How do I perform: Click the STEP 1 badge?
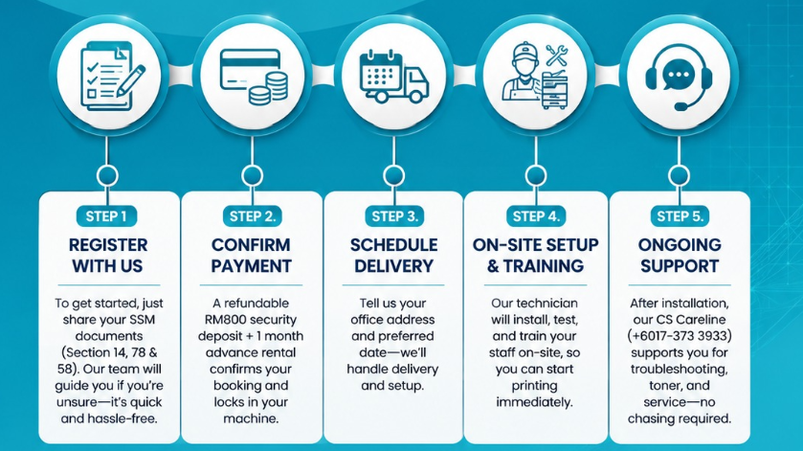[106, 216]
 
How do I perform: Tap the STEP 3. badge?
[394, 216]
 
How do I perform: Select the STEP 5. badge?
[680, 216]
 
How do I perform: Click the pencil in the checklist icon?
[130, 80]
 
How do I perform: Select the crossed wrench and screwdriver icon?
[556, 56]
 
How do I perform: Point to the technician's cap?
[524, 51]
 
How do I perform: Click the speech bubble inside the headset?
[679, 75]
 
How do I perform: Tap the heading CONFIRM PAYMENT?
[251, 256]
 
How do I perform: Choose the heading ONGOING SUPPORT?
[680, 256]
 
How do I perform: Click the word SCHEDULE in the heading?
[393, 245]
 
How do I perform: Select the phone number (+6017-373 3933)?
[680, 336]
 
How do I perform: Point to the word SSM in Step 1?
[143, 320]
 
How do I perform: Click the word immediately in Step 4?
[534, 402]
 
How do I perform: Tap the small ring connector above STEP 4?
[536, 176]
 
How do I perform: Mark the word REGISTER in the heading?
[108, 245]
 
